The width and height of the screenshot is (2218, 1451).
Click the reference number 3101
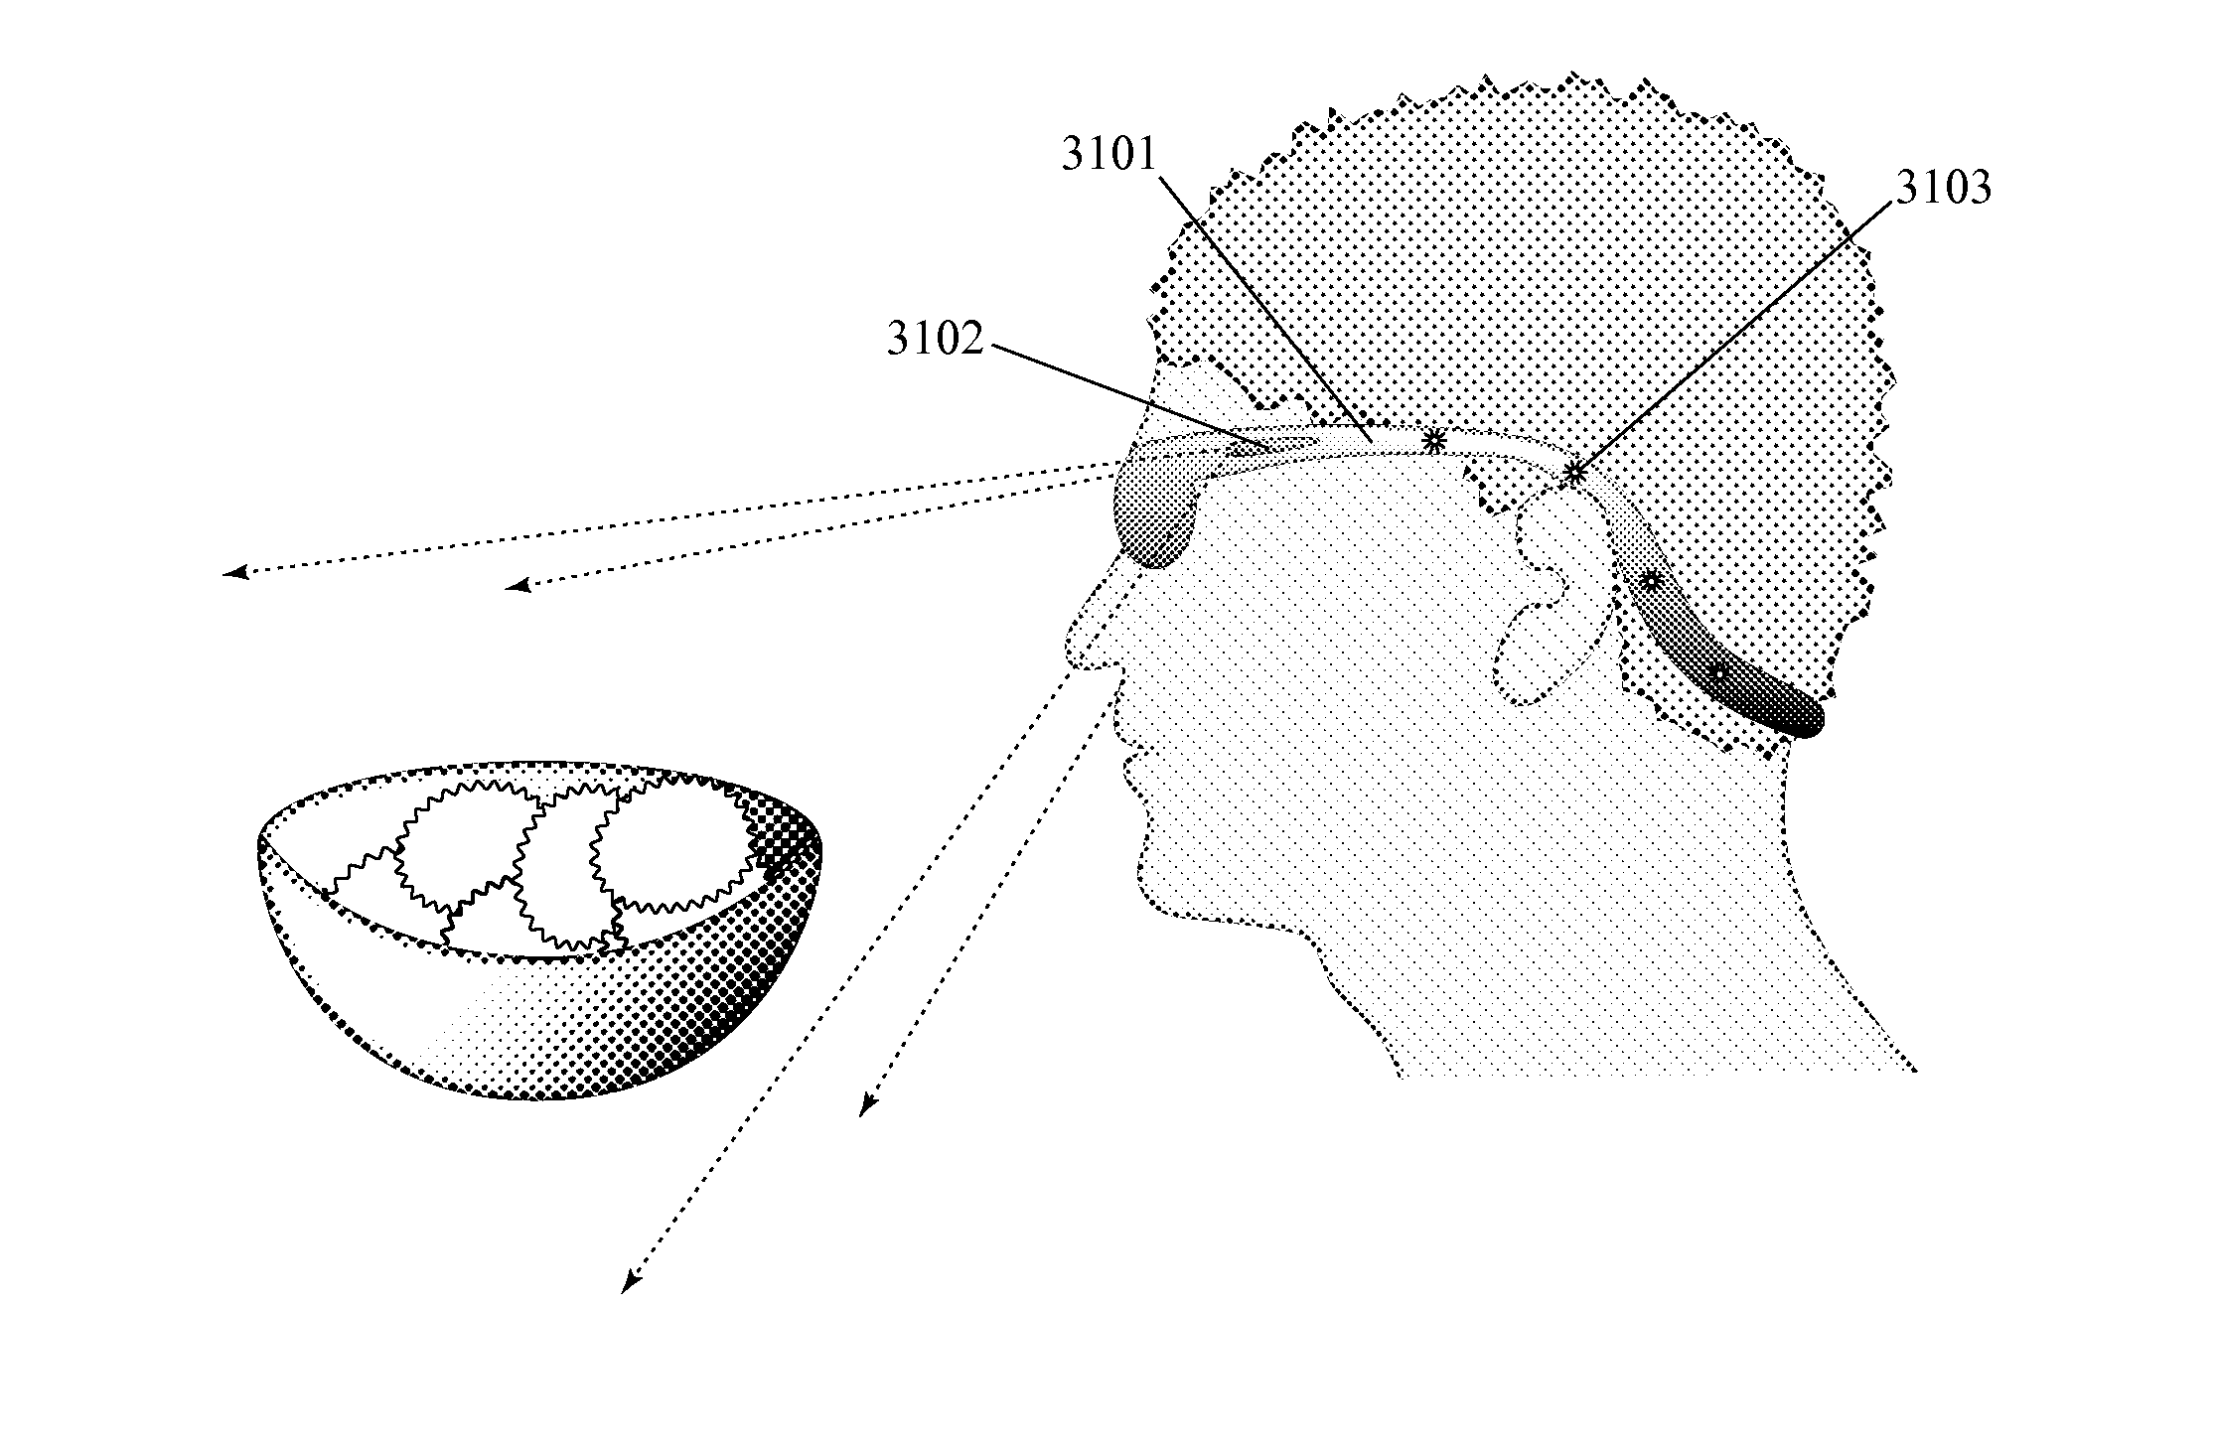(1109, 156)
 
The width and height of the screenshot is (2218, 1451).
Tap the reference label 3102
(935, 341)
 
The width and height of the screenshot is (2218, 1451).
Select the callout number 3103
(1944, 189)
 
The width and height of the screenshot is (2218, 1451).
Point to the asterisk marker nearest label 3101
(1433, 441)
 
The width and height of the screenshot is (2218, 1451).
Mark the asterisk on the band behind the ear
(1650, 581)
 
